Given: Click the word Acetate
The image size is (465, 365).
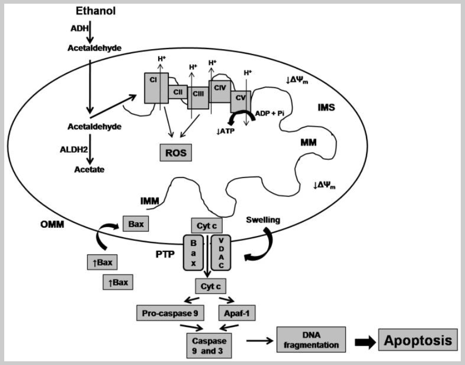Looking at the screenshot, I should (x=89, y=170).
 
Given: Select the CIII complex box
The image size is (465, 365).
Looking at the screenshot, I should (x=198, y=94).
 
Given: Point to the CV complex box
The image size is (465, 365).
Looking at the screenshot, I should (x=240, y=97).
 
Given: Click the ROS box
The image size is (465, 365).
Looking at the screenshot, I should (x=175, y=152).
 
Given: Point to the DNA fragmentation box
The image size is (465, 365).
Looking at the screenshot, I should (x=311, y=340).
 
